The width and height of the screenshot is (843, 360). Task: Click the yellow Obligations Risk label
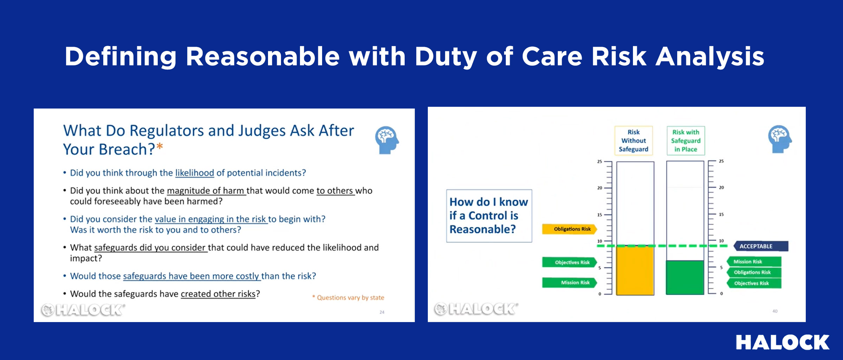coord(569,229)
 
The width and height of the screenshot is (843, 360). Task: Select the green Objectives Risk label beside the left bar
coord(570,262)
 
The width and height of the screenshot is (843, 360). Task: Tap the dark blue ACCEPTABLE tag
coord(761,246)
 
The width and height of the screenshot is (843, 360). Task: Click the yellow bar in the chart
coord(635,270)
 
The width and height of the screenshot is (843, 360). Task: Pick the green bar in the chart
coord(685,277)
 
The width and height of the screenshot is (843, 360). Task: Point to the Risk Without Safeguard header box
coord(634,140)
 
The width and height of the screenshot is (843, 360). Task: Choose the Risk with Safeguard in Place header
coord(686,140)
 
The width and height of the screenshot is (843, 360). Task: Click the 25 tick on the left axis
coord(600,162)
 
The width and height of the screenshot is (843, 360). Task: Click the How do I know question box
coord(489,216)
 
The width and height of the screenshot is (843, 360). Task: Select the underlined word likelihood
coord(195,173)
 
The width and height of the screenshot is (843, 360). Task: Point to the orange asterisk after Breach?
coord(160,146)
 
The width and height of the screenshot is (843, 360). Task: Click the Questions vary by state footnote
coord(348,297)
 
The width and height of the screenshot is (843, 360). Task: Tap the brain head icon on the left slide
coord(387,140)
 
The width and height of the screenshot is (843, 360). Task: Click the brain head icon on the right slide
coord(780,139)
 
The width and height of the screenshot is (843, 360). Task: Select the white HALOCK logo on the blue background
coord(783,342)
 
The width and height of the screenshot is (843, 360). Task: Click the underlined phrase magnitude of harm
coord(206,191)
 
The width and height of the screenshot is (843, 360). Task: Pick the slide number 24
coord(382,312)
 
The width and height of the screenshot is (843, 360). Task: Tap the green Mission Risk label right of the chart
coord(754,262)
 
